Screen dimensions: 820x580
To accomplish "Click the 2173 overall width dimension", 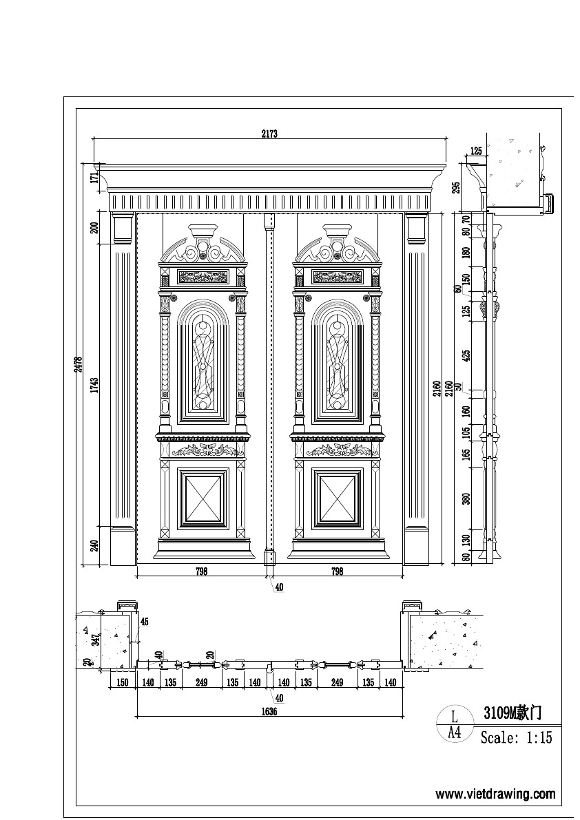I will point(269,134).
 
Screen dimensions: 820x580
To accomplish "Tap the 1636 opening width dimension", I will point(269,713).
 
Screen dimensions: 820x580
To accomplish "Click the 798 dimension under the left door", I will point(201,571).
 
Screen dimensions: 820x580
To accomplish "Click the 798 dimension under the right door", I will point(337,571).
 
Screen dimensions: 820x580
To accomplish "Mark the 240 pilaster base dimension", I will point(95,545).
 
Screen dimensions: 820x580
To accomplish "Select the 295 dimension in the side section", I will point(455,187).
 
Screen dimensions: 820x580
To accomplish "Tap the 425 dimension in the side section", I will point(466,356).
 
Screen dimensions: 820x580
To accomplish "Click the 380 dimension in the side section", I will point(466,499).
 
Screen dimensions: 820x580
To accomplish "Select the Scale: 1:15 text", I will point(516,738).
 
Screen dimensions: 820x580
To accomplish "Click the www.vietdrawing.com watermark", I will point(495,794).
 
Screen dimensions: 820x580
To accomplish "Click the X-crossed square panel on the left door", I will point(203,498).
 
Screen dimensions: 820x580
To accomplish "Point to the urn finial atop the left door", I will point(203,231).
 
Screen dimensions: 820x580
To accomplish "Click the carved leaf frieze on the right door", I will point(338,450).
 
